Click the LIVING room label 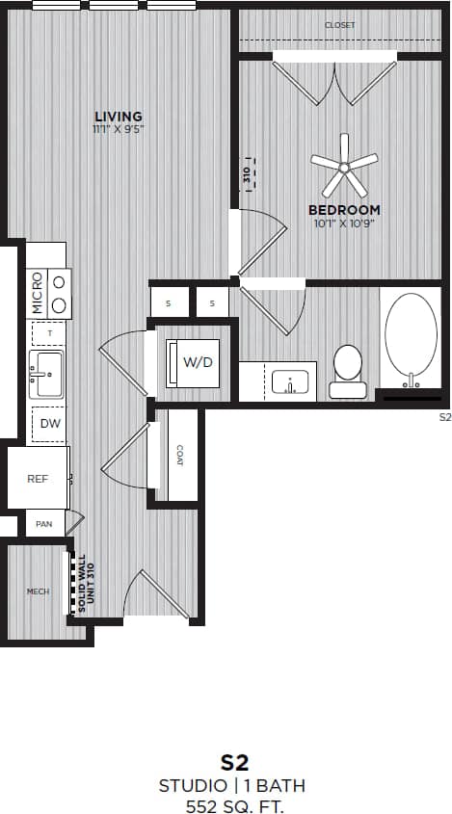119,117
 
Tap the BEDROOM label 344,210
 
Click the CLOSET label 339,25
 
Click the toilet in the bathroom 347,371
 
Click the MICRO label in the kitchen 38,294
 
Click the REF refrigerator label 38,478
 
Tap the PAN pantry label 43,525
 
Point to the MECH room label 38,591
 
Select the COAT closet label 180,455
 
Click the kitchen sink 46,373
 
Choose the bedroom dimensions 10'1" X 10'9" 344,223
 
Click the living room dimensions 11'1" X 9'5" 119,129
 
